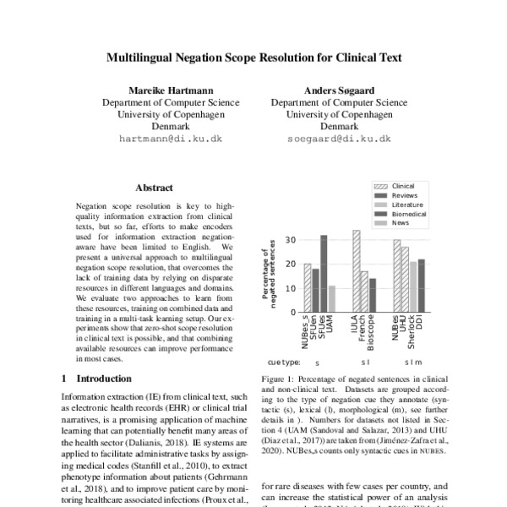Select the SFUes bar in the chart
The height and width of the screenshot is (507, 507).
[x=324, y=273]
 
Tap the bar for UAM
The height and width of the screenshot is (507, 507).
[x=332, y=298]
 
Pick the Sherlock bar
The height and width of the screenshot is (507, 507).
[x=413, y=286]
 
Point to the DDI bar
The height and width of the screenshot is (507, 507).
[x=422, y=285]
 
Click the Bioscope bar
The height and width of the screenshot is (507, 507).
[x=373, y=295]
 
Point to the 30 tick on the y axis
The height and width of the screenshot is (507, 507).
[x=292, y=239]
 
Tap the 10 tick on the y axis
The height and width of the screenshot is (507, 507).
[x=292, y=287]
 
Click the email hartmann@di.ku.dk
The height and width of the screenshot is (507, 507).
[x=170, y=138]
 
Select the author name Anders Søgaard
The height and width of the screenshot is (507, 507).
[x=339, y=89]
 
